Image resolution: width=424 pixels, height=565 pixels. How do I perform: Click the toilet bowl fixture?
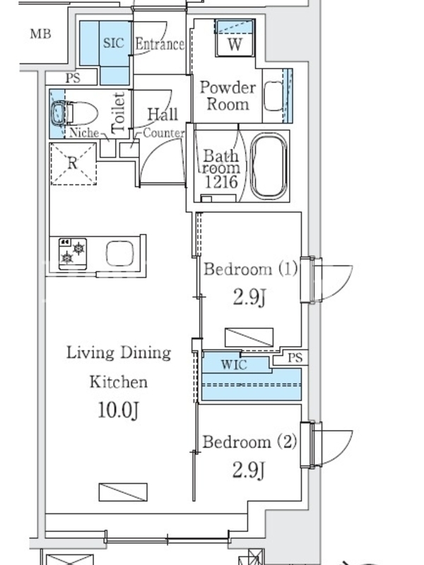pos(75,113)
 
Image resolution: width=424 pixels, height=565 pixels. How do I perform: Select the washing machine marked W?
pos(235,38)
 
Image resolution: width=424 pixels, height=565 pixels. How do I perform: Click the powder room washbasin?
pos(273,96)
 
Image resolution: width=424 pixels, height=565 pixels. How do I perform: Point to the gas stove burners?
pos(73,254)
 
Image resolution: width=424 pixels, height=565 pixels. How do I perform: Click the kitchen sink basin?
pos(119,253)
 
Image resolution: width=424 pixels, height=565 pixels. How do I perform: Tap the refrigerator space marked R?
pos(73,164)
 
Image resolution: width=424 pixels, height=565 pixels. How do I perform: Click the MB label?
pos(40,34)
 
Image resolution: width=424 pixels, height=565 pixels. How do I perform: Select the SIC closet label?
pos(114,43)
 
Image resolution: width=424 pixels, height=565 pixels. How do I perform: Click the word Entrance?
pos(160,44)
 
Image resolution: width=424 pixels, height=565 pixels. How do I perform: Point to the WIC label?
pos(234,364)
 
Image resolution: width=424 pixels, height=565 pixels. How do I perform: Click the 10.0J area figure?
pos(118,410)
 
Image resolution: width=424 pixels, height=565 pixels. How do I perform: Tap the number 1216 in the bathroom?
pos(221,182)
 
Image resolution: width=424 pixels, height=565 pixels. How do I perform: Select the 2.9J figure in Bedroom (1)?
pos(249,297)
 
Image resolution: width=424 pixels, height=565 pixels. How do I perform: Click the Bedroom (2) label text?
pos(249,442)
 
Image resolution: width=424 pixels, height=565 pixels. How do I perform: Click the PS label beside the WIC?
pos(295,358)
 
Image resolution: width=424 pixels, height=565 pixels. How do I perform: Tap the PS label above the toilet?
pos(73,78)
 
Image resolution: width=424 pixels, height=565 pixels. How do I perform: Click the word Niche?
pos(84,133)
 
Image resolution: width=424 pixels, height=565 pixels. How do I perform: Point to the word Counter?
pos(163,133)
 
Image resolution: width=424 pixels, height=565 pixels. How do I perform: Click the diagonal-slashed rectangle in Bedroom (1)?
pos(249,338)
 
